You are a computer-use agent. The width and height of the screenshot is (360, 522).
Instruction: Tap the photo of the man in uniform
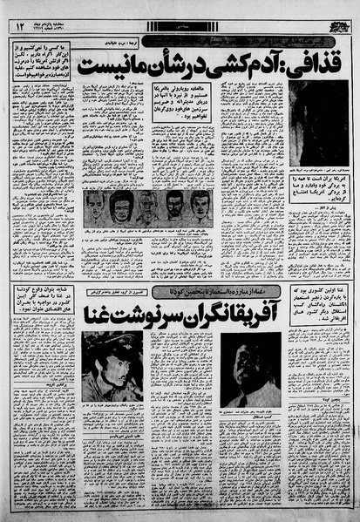pos(112,366)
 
